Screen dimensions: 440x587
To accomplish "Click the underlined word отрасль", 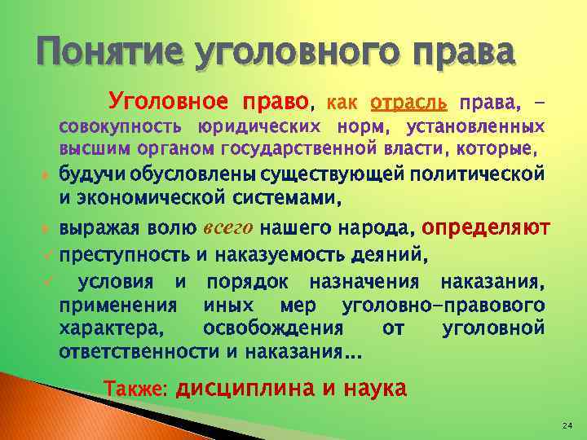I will point(408,103).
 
